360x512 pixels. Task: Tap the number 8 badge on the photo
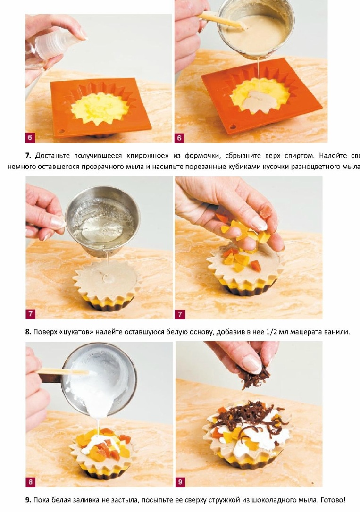point(30,482)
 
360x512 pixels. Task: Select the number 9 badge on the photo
point(180,482)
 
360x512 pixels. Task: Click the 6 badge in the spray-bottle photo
point(30,138)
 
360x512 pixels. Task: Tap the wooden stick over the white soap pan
point(62,371)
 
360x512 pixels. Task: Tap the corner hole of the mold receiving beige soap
point(233,126)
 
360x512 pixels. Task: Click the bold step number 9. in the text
point(28,500)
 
